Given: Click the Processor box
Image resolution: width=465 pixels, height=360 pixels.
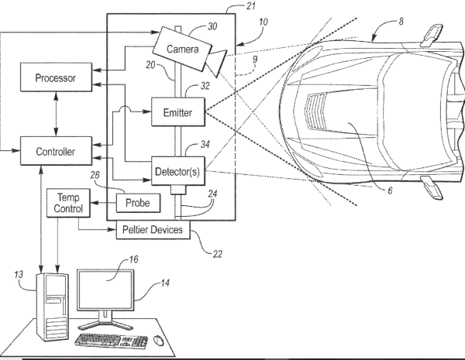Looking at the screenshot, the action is (56, 77).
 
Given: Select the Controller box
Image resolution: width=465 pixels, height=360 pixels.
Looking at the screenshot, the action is (56, 151).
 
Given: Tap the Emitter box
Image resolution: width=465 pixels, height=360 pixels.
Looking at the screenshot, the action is (178, 112).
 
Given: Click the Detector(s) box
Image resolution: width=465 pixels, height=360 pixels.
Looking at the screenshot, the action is (178, 171).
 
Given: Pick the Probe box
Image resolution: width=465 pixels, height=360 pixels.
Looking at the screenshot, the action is (138, 203).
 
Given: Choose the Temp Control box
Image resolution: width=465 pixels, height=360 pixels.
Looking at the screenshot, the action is (68, 203).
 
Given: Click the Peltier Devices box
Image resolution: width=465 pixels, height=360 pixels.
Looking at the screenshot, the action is (153, 230).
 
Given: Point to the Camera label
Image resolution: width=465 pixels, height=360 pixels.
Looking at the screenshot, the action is (182, 49).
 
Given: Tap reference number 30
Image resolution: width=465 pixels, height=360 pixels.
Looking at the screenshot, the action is (212, 26).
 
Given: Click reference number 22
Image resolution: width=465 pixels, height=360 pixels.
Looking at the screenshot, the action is (217, 254).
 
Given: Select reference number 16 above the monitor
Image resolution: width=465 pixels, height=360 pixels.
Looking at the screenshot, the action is (133, 259).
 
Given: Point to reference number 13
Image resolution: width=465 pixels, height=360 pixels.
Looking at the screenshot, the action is (19, 274).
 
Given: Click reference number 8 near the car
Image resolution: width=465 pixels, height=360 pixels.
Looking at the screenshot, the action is (401, 22).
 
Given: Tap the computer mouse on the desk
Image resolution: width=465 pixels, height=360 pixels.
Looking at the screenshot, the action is (158, 340).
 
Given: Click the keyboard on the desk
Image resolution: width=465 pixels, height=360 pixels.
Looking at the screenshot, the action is (111, 341).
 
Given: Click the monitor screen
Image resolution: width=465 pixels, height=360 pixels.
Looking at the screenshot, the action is (105, 290).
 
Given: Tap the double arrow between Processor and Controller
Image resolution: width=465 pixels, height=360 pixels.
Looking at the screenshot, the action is (56, 114).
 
